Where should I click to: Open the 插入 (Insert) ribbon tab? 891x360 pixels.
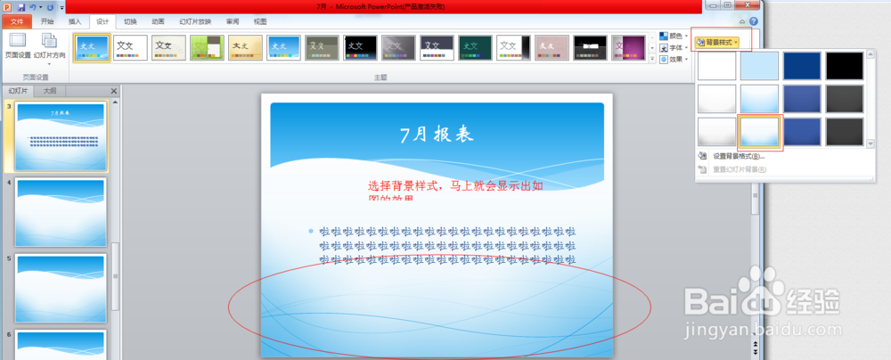[74, 21]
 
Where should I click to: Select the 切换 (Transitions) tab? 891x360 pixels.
[130, 21]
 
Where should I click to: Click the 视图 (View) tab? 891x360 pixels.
[260, 21]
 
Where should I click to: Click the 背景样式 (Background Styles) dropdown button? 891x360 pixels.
[718, 42]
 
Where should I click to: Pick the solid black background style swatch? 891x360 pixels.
[845, 66]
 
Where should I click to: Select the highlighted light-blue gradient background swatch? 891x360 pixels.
[760, 132]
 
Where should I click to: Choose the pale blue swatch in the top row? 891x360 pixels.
[760, 66]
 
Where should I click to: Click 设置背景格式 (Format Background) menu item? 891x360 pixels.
[738, 156]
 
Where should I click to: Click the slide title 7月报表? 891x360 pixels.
[436, 135]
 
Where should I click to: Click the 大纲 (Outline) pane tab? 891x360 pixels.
[51, 91]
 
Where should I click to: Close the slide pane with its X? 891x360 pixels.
[114, 91]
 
